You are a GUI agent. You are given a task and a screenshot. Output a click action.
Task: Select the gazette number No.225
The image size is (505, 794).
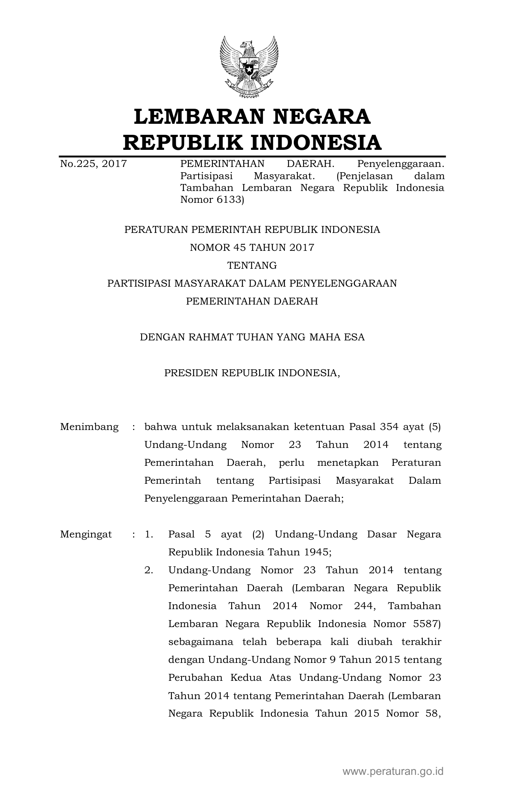(x=78, y=164)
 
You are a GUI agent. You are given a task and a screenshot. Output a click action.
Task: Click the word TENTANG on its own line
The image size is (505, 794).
(x=252, y=265)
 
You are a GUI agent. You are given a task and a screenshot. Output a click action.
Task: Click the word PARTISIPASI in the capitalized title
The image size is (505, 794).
(x=139, y=283)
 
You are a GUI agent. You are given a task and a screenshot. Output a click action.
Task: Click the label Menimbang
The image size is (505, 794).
(x=89, y=427)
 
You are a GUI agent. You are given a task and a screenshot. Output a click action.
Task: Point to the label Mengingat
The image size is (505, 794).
(x=86, y=534)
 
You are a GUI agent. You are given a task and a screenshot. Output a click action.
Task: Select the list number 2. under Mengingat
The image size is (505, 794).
(x=149, y=570)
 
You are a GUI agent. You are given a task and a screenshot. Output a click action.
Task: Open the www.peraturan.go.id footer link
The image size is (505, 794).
(x=393, y=771)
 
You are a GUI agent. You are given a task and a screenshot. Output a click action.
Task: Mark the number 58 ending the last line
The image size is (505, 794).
(x=433, y=713)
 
